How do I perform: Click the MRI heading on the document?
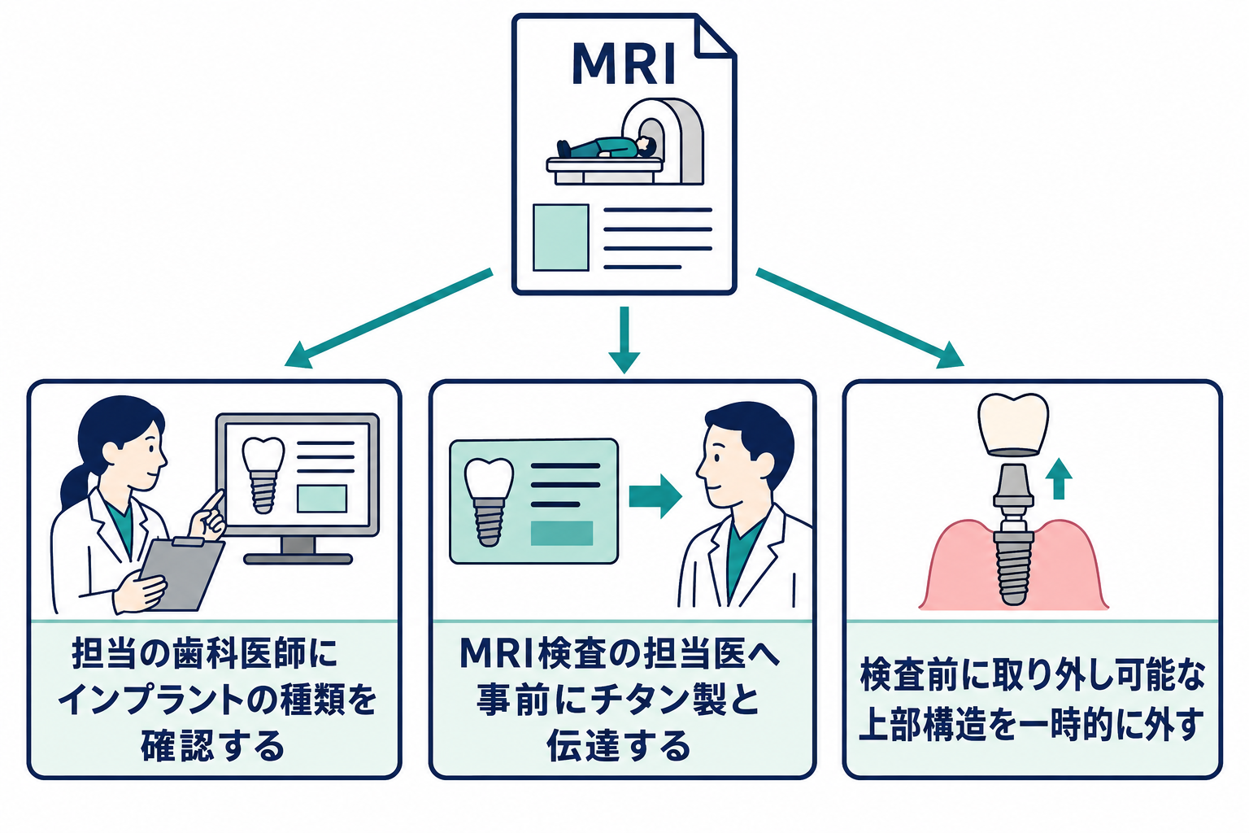pyautogui.click(x=624, y=63)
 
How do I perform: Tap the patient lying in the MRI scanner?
pyautogui.click(x=606, y=148)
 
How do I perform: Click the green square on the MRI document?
pyautogui.click(x=561, y=238)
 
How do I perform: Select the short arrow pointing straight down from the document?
pyautogui.click(x=624, y=339)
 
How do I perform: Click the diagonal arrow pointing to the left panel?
pyautogui.click(x=389, y=318)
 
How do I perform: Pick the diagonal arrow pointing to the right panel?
pyautogui.click(x=860, y=318)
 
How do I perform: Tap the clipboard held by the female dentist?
pyautogui.click(x=182, y=574)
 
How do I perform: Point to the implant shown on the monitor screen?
pyautogui.click(x=263, y=474)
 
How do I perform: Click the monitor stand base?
pyautogui.click(x=298, y=559)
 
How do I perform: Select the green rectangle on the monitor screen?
pyautogui.click(x=322, y=498)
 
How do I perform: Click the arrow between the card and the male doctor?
pyautogui.click(x=655, y=496)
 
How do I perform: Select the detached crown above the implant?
pyautogui.click(x=1013, y=425)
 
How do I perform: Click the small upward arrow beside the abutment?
pyautogui.click(x=1059, y=478)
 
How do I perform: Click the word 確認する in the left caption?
pyautogui.click(x=212, y=746)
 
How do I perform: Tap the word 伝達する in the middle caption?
pyautogui.click(x=619, y=746)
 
